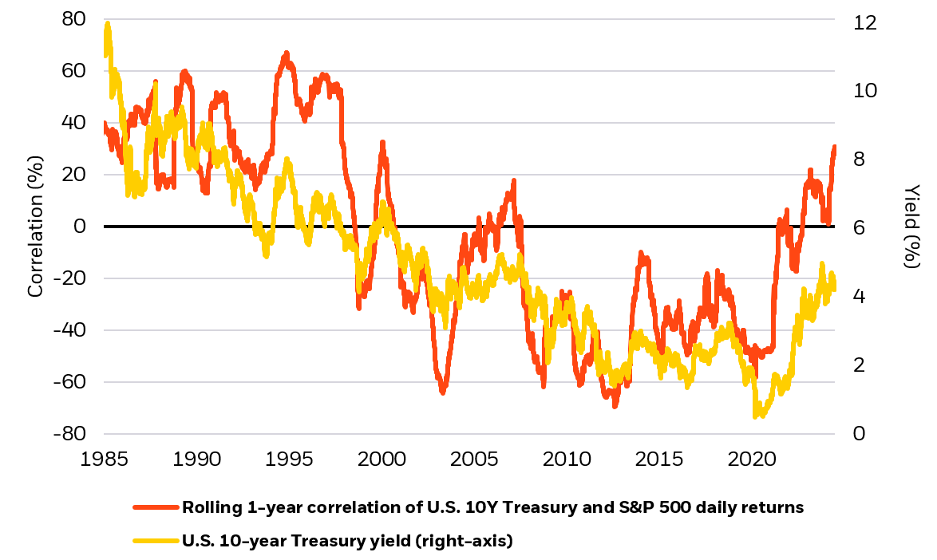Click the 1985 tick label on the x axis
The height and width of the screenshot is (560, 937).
(x=104, y=460)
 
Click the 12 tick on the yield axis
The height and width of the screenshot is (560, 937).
(x=864, y=23)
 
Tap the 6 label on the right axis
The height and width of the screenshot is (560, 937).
(x=859, y=228)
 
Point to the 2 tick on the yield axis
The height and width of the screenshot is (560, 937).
(x=859, y=365)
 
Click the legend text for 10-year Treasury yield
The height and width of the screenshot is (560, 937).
(x=347, y=542)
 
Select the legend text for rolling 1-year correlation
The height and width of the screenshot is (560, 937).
(x=492, y=507)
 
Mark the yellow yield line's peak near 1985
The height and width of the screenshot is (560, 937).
(x=107, y=24)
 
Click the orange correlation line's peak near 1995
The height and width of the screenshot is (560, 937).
(x=286, y=53)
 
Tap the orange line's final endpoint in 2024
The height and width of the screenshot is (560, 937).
(x=835, y=147)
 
